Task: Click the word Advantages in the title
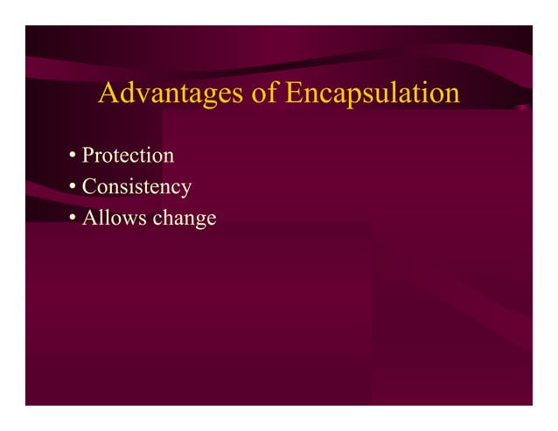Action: (x=171, y=94)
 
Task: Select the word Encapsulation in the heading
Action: (x=373, y=94)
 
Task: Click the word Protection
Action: (x=128, y=156)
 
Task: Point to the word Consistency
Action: (x=136, y=187)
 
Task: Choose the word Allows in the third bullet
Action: (x=114, y=218)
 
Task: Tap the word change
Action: (x=184, y=219)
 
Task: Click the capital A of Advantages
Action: (x=108, y=93)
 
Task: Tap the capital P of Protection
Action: (x=87, y=156)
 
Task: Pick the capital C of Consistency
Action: (x=88, y=187)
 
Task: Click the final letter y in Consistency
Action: (x=186, y=190)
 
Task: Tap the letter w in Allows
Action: (x=127, y=219)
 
